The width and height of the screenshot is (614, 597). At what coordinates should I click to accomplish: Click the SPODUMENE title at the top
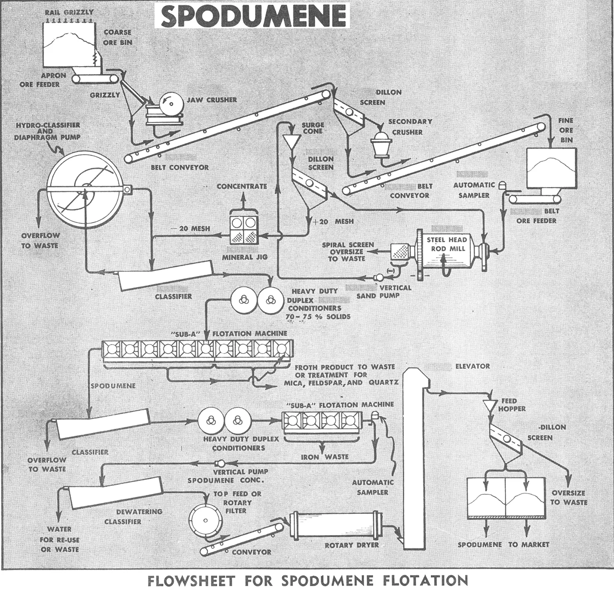[x=253, y=17]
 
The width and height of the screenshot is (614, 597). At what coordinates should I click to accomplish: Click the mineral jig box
[x=244, y=230]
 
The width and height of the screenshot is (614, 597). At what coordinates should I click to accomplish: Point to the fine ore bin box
[x=551, y=167]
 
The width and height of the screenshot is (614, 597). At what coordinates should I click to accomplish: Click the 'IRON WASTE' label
[x=324, y=457]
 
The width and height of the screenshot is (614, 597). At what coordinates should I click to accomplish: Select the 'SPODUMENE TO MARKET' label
[x=503, y=545]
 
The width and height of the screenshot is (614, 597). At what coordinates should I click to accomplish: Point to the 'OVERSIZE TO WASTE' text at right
[x=568, y=497]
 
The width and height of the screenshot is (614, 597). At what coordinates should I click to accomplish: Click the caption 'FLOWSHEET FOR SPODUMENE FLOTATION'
[x=307, y=580]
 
